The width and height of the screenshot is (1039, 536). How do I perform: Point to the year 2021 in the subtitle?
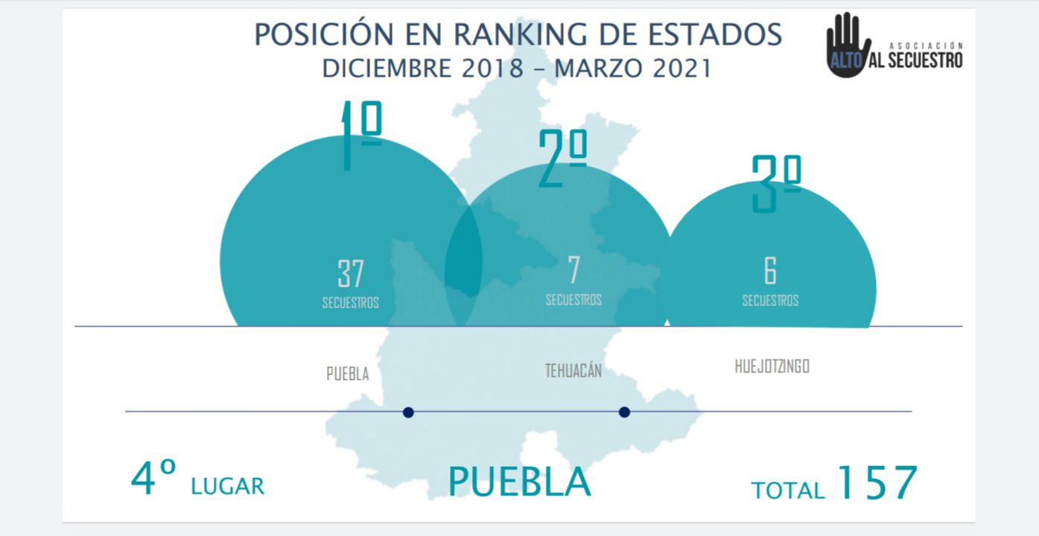[681, 68]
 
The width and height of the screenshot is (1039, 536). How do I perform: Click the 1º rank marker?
[360, 134]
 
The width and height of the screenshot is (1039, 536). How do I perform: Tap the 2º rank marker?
[563, 159]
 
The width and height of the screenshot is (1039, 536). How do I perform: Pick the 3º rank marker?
[775, 183]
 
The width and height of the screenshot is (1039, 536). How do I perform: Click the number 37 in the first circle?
[350, 274]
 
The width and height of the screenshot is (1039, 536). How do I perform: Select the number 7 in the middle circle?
[573, 271]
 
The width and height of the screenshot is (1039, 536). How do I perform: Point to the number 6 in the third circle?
[770, 271]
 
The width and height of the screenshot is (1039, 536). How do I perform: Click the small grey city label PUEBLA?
[348, 374]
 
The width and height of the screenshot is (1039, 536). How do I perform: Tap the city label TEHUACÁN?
[573, 371]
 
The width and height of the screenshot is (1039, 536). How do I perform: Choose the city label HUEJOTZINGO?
[772, 366]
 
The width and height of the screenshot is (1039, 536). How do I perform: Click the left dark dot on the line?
[408, 412]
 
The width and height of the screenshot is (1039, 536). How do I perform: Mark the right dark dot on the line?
[624, 412]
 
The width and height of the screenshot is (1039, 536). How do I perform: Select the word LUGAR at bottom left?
[227, 487]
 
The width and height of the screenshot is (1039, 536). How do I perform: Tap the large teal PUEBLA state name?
[519, 482]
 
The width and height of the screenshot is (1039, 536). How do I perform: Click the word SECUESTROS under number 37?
[350, 303]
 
